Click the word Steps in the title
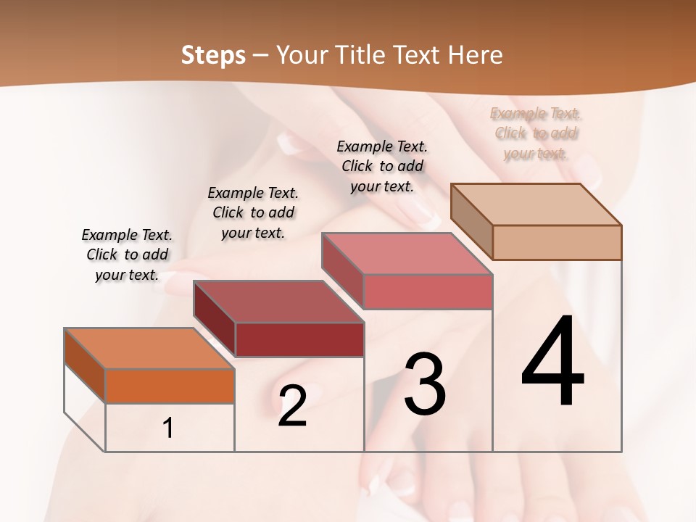(213, 55)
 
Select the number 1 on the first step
(168, 428)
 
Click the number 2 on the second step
(292, 407)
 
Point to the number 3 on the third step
(425, 384)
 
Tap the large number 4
(553, 362)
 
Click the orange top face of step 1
(149, 349)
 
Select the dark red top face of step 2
(278, 302)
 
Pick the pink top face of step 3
(407, 254)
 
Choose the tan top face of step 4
(536, 204)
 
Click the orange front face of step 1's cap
(170, 386)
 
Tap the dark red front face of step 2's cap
(299, 339)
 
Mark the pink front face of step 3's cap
(428, 291)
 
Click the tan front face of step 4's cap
(557, 242)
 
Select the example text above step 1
(127, 254)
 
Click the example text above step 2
(253, 212)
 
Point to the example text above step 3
(382, 166)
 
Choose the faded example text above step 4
(536, 133)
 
